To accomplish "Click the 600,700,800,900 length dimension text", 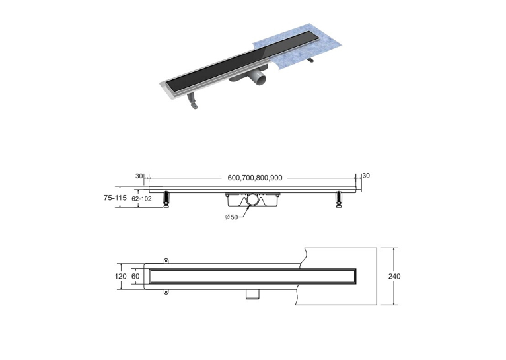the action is click(x=255, y=178).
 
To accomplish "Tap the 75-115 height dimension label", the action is click(x=115, y=198).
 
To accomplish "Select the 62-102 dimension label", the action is click(x=141, y=199).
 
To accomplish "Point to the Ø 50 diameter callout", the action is click(x=231, y=217).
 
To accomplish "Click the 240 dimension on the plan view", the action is click(x=394, y=277).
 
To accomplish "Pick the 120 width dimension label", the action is click(x=121, y=277).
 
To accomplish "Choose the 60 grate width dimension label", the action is click(x=135, y=277).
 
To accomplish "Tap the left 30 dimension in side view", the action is click(x=139, y=176).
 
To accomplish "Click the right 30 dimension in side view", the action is click(x=366, y=176).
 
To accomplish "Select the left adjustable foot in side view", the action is click(x=166, y=199).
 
